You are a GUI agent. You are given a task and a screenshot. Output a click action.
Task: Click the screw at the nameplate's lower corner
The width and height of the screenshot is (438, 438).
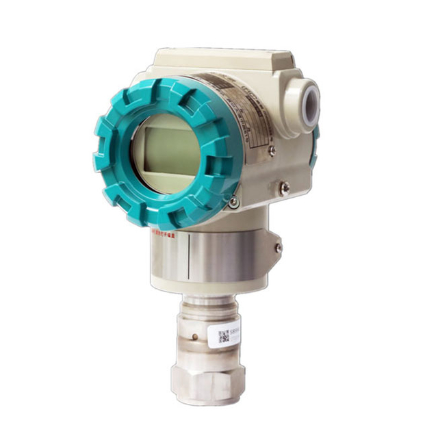pos(272,151)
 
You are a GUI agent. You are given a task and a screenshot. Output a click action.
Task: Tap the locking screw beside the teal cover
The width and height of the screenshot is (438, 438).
pos(234,202)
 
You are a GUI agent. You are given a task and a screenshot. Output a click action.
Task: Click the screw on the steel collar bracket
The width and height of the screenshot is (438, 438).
pos(278,248)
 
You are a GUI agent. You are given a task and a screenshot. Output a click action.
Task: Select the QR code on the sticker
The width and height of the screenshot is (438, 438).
pos(224,335)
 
